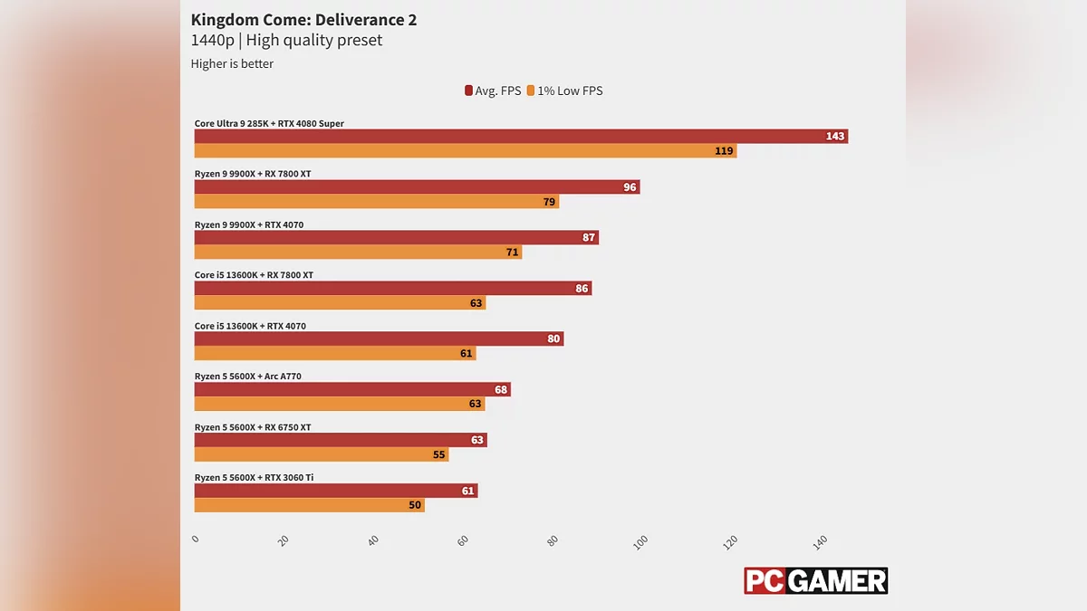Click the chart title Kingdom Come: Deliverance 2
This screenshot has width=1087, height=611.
[x=303, y=20]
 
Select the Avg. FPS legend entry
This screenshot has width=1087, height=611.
[x=493, y=91]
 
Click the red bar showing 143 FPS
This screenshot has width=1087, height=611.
[x=521, y=137]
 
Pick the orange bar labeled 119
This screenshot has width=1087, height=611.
[x=466, y=151]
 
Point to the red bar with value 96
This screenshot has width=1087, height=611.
[x=417, y=187]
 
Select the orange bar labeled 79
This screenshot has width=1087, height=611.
[x=377, y=202]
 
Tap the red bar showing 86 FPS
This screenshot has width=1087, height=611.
[x=393, y=289]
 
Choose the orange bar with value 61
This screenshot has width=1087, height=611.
[x=335, y=354]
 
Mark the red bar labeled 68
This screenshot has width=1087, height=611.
[x=352, y=390]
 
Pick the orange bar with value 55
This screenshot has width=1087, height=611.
[x=322, y=455]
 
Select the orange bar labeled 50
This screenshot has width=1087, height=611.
[x=310, y=506]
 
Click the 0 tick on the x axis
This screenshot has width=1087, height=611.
[x=196, y=539]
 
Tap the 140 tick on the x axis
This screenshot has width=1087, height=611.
[x=821, y=541]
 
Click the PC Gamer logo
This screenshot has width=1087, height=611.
[x=815, y=581]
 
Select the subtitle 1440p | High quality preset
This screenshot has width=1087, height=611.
[x=286, y=41]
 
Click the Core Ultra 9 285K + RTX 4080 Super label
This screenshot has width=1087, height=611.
[x=269, y=123]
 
